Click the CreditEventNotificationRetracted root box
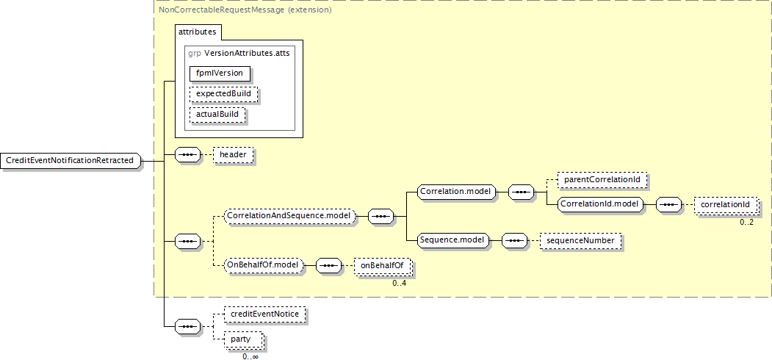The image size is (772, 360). click(70, 160)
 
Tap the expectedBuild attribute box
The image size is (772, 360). click(223, 94)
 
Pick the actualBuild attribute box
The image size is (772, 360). click(217, 115)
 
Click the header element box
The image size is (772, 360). click(233, 155)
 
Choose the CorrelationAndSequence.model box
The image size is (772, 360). click(289, 216)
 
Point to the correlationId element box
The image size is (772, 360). click(724, 204)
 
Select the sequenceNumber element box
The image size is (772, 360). click(579, 240)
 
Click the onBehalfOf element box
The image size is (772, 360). click(382, 266)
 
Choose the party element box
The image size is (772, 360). click(240, 339)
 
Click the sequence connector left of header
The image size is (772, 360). click(188, 155)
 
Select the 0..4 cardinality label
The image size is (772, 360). click(399, 283)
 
